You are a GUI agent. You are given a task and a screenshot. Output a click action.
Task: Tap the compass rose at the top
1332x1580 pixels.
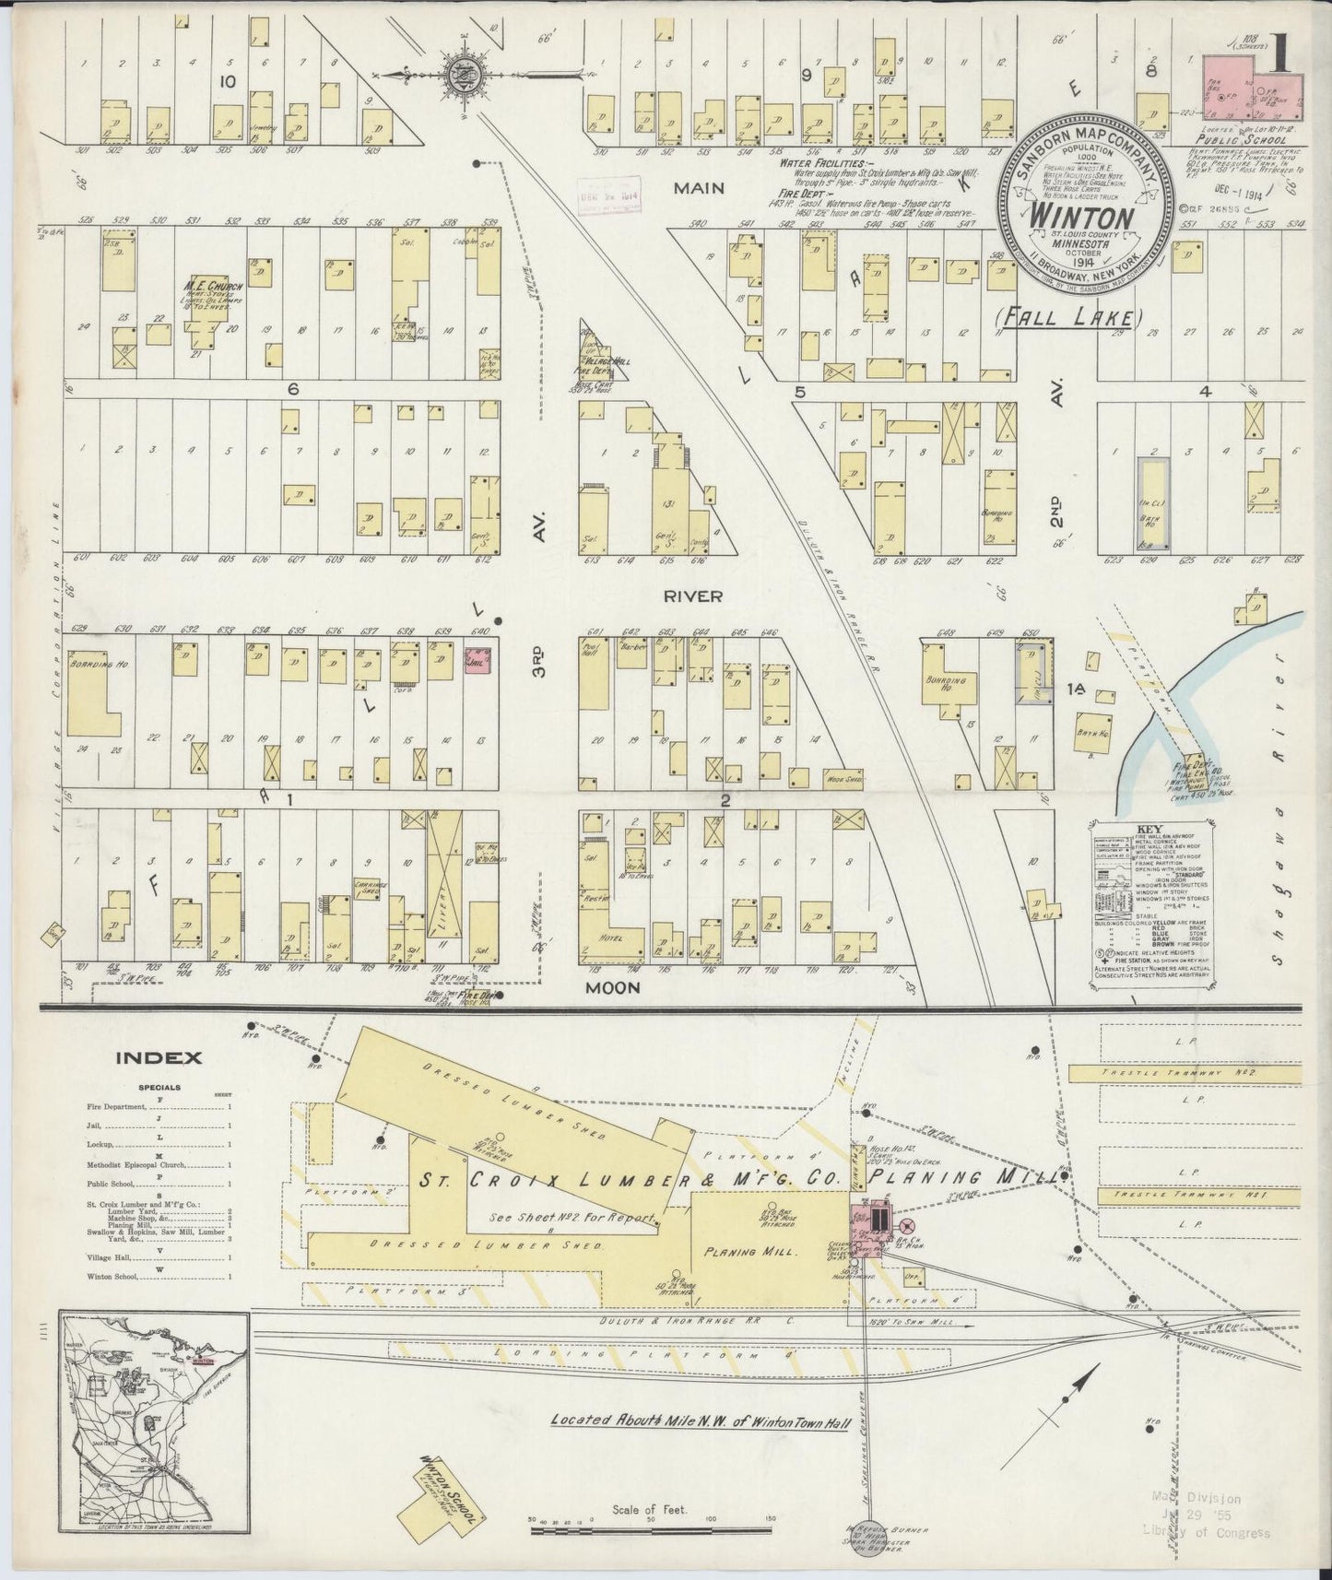click(458, 73)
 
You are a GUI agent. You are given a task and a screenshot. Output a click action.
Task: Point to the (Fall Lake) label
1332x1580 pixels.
click(1068, 318)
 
